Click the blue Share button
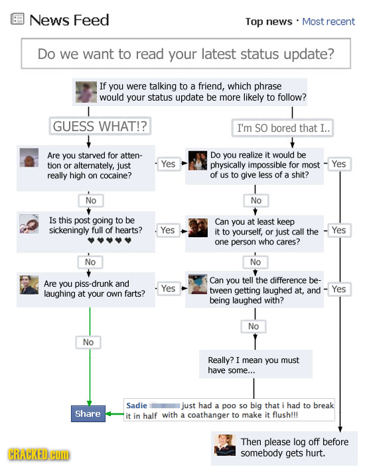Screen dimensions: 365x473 88,413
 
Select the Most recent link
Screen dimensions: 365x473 328,21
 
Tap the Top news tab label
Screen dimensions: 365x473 269,22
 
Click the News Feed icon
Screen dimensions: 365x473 17,19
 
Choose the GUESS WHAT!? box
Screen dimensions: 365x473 100,126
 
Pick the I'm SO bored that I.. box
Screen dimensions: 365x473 283,128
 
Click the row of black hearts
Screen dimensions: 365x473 110,240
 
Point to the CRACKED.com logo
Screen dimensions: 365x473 38,454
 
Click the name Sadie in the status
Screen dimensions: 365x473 137,405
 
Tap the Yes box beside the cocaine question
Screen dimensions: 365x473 168,164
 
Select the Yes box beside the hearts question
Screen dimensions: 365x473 168,231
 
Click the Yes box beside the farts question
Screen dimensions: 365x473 168,289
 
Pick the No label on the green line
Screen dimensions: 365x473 88,342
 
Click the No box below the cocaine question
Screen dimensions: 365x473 91,201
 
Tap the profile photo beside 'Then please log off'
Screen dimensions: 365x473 225,445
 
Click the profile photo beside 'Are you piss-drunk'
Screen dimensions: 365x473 29,285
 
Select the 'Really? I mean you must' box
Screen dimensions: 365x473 256,364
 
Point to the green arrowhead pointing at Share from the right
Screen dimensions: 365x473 108,414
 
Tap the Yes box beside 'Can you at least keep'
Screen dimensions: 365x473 339,231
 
